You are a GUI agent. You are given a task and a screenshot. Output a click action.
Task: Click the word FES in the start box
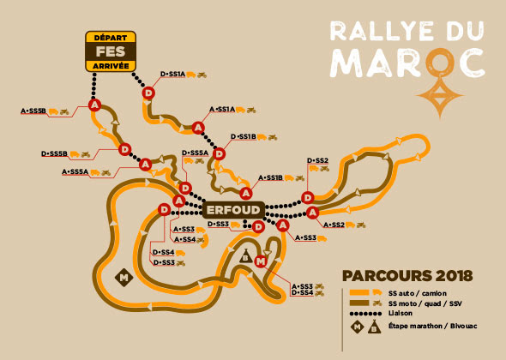pyautogui.click(x=110, y=50)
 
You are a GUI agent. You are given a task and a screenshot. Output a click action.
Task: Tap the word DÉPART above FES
pyautogui.click(x=110, y=37)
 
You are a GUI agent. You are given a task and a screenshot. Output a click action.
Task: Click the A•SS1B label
pyautogui.click(x=269, y=177)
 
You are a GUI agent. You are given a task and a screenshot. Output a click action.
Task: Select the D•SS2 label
pyautogui.click(x=317, y=160)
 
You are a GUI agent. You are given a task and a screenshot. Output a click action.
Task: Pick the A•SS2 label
pyautogui.click(x=331, y=225)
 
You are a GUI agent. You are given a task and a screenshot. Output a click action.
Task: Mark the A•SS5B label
pyautogui.click(x=33, y=111)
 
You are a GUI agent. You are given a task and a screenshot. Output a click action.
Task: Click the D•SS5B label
pyautogui.click(x=54, y=153)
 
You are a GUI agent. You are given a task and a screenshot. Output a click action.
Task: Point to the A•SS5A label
pyautogui.click(x=75, y=171)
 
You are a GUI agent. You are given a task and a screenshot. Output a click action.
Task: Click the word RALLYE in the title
pyautogui.click(x=374, y=31)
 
